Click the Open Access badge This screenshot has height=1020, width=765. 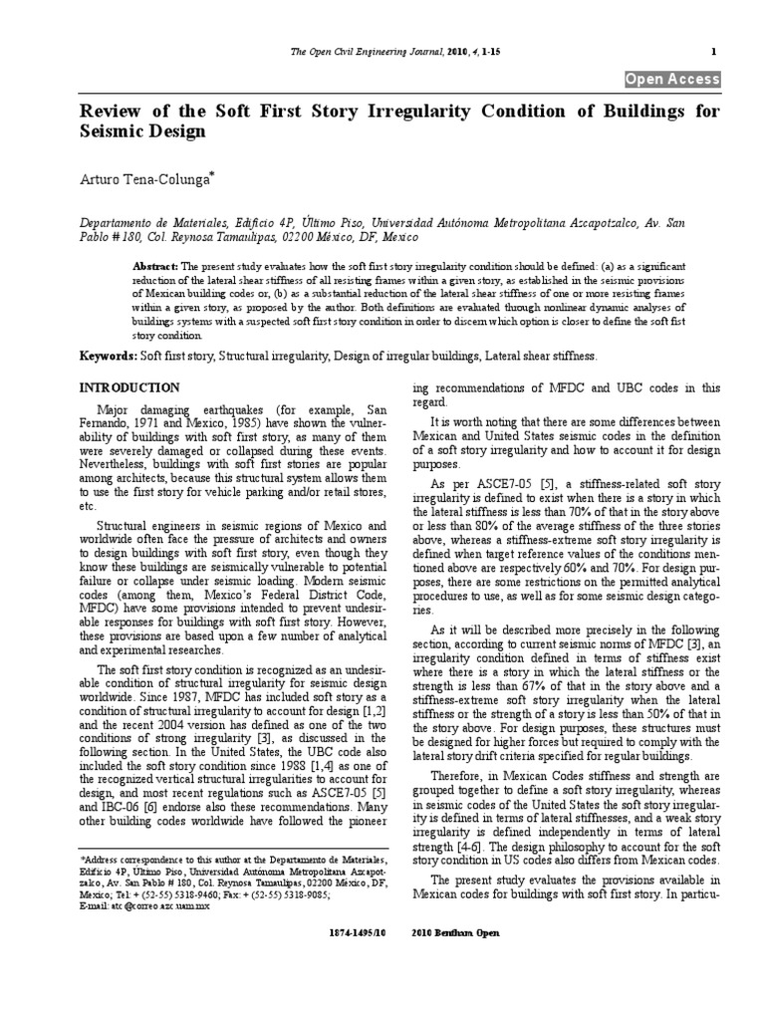[671, 80]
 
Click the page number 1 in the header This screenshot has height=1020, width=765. [714, 52]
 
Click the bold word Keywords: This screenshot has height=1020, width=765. [113, 356]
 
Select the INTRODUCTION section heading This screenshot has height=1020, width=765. [129, 387]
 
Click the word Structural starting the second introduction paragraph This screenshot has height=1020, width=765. [129, 524]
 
